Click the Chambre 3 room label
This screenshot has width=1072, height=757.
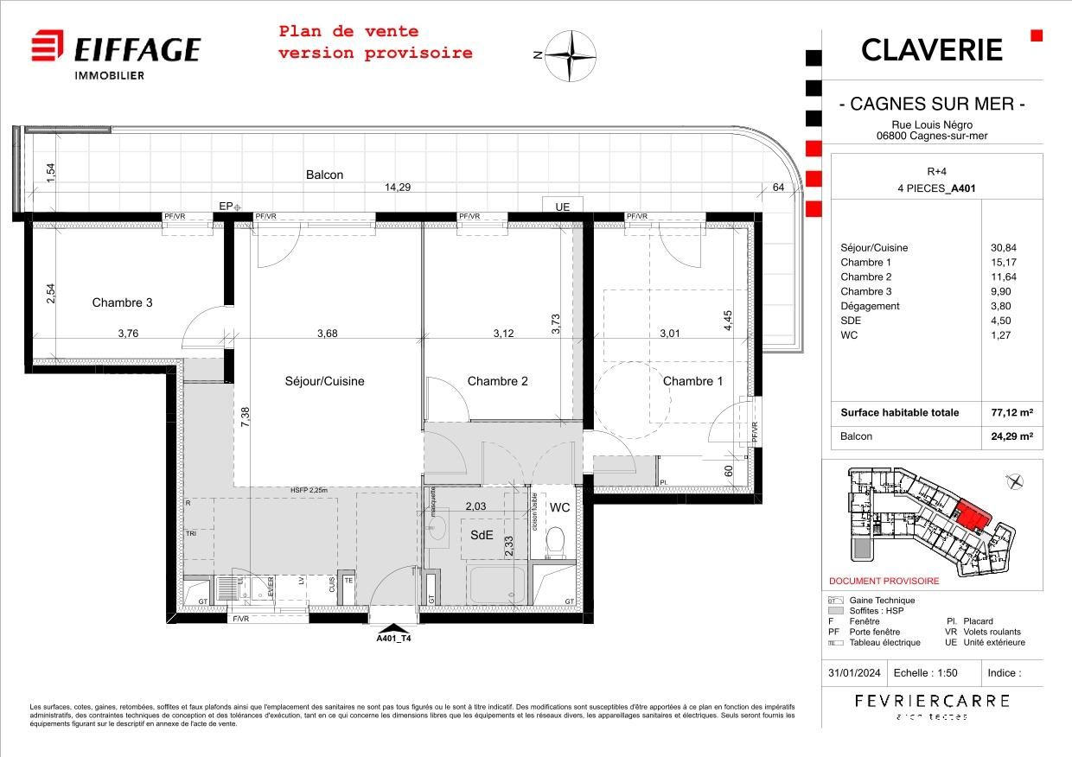point(123,303)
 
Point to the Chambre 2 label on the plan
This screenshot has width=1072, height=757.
point(497,381)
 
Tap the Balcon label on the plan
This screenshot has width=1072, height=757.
point(324,175)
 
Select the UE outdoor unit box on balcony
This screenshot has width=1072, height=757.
point(562,207)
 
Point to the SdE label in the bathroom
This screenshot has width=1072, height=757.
point(482,535)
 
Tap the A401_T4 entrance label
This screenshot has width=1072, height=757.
point(393,639)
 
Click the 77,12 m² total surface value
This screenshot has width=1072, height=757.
point(1011,413)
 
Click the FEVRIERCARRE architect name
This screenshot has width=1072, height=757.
point(931,701)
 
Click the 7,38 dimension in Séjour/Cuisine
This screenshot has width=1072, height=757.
point(246,418)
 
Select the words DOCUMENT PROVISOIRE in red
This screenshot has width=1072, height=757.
point(884,582)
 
